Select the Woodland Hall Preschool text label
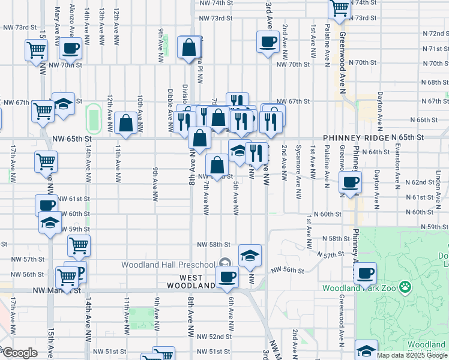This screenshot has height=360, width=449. (x=168, y=265)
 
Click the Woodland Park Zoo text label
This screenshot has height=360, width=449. (x=357, y=288)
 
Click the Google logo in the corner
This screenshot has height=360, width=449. (x=19, y=353)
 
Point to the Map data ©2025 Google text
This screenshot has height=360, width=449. (x=412, y=355)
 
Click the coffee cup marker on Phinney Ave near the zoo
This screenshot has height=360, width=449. (x=364, y=274)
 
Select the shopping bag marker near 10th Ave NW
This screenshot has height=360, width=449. (x=126, y=124)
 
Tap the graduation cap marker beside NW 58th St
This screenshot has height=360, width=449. (x=250, y=256)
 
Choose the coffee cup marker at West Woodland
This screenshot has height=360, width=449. (x=227, y=277)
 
